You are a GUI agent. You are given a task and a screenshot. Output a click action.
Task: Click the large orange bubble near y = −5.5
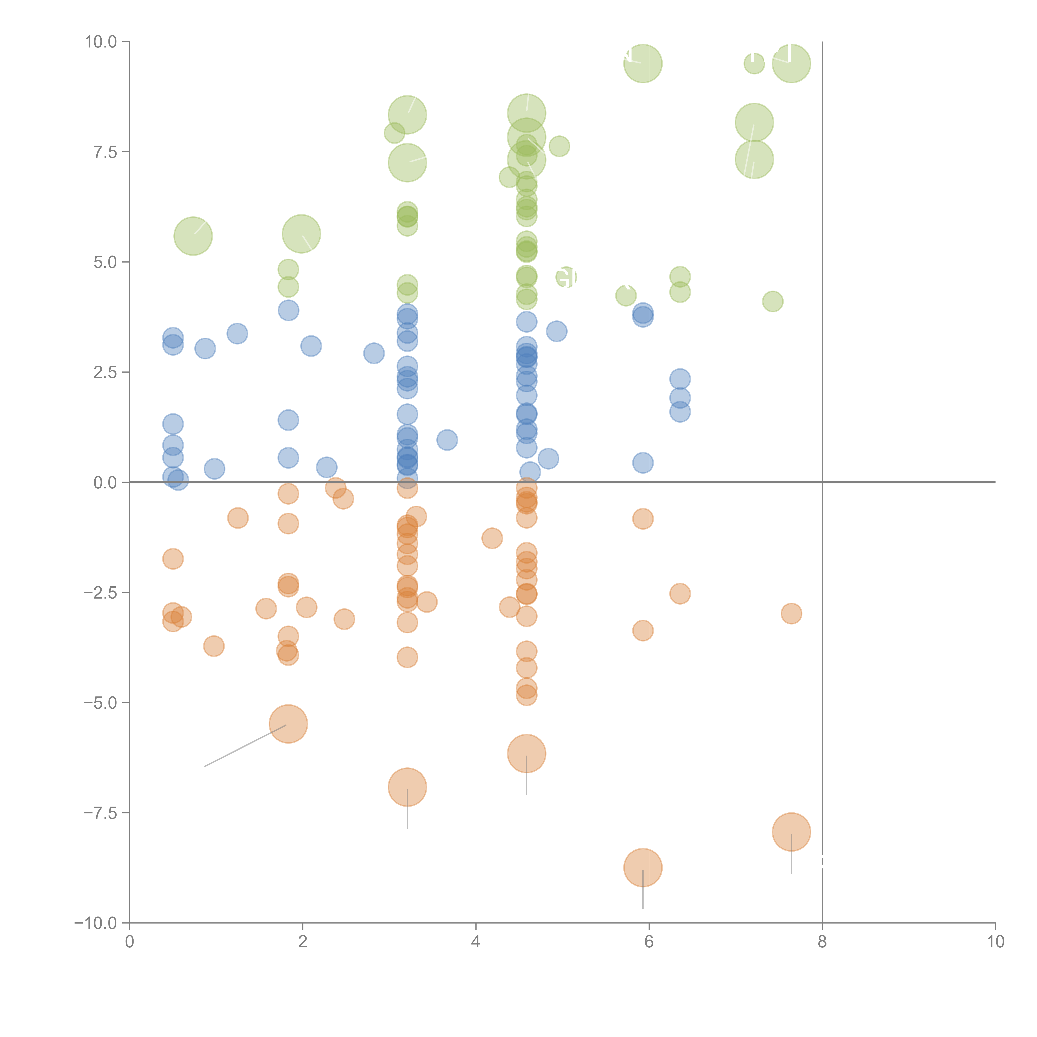pyautogui.click(x=288, y=724)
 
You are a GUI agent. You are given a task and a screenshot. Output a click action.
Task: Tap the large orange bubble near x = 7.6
pyautogui.click(x=791, y=832)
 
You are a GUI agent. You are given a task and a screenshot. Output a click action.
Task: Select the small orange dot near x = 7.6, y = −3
pyautogui.click(x=791, y=613)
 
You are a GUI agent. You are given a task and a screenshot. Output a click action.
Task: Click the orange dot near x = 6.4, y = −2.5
pyautogui.click(x=680, y=594)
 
